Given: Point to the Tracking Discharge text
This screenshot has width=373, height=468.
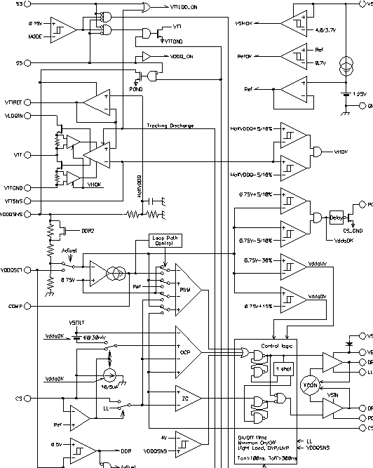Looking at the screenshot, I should (x=170, y=126).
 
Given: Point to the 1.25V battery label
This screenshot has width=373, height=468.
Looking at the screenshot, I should (x=359, y=93).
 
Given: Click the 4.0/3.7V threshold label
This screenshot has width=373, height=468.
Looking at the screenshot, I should (x=327, y=30).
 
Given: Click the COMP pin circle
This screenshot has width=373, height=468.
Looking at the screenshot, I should (x=27, y=306).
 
